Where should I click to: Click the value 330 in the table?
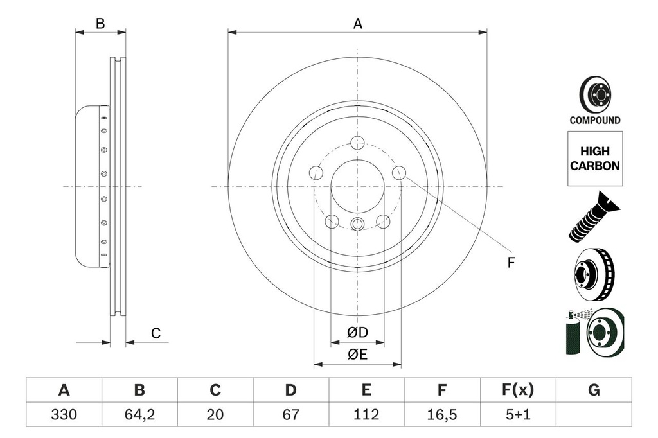tap(64, 415)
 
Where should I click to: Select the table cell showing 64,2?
tap(139, 415)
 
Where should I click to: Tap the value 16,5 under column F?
tap(442, 415)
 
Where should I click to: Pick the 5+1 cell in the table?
tap(517, 415)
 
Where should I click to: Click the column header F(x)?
tap(517, 390)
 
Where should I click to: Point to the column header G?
tap(593, 390)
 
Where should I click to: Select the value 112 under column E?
tap(366, 415)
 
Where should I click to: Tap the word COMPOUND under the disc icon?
tap(594, 120)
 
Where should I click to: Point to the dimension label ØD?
tap(357, 333)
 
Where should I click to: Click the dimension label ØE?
tap(357, 354)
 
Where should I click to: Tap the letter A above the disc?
tap(358, 24)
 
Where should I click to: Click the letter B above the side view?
tap(100, 24)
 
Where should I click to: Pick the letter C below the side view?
tap(155, 333)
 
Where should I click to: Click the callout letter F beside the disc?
tap(511, 262)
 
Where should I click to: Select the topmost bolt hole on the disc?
tap(357, 143)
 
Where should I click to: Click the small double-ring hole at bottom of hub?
tap(357, 223)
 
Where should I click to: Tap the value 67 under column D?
tap(290, 415)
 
